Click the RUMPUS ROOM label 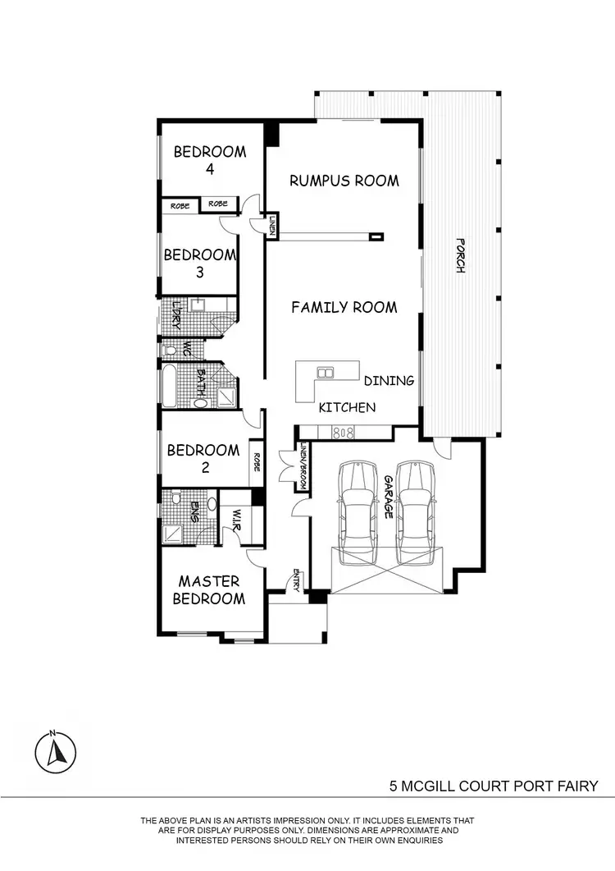tap(344, 181)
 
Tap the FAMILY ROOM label tap(344, 307)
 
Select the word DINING tap(389, 381)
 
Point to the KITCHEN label tap(347, 407)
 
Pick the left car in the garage tap(356, 513)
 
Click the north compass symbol tap(55, 750)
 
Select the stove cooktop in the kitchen tap(343, 432)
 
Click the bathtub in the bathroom tap(170, 387)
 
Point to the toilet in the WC tap(170, 351)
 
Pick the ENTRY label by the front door tap(295, 581)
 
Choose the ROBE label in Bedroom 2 tap(257, 462)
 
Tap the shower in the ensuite tap(175, 534)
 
